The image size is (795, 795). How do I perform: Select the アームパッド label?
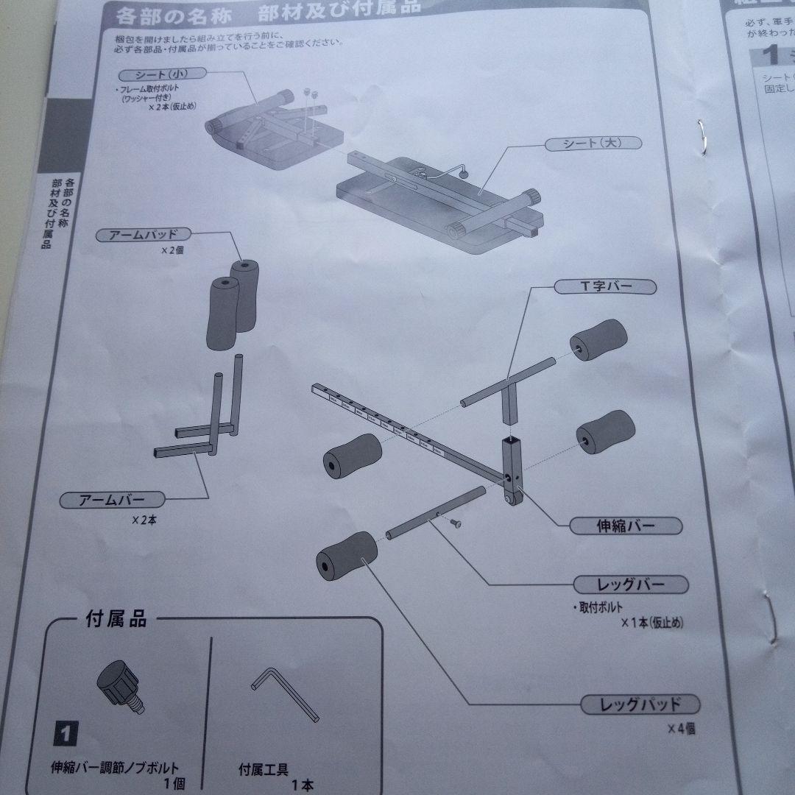[x=144, y=236]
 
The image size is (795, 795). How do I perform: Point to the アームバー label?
[x=112, y=500]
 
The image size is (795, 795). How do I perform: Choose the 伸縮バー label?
[x=626, y=526]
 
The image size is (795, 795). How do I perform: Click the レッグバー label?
[x=630, y=585]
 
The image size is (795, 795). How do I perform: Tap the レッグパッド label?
[x=639, y=704]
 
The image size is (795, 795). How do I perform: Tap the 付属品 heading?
[x=116, y=619]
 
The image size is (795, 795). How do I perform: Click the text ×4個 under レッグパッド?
[x=681, y=729]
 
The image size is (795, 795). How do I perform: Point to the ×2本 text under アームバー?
[x=144, y=520]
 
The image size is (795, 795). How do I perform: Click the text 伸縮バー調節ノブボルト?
[x=116, y=769]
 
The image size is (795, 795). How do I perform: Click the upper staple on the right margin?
[x=703, y=137]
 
